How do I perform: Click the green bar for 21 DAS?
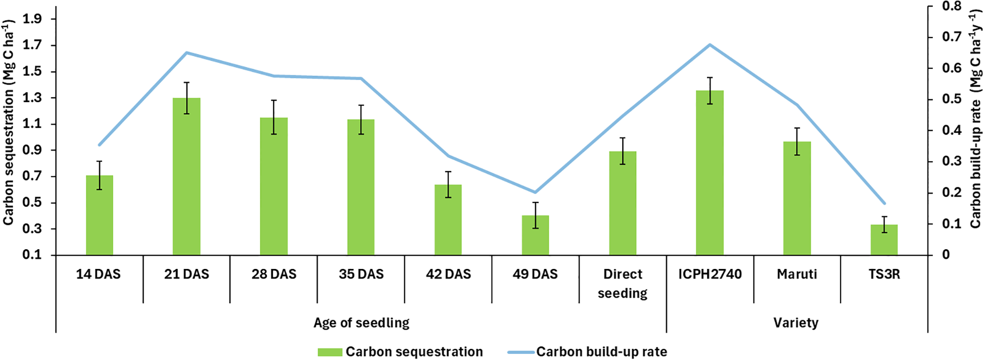[186, 177]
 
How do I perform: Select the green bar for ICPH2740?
[710, 173]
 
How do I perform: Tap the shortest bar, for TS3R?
[884, 240]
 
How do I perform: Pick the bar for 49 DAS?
[535, 235]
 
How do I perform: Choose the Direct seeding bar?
[623, 203]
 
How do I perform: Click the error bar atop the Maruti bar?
[797, 141]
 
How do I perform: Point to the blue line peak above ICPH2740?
[710, 45]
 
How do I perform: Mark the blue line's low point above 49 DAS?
[535, 192]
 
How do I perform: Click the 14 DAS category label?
[99, 275]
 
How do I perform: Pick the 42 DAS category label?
[448, 275]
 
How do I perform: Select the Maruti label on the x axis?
[797, 275]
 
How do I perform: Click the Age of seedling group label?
[361, 323]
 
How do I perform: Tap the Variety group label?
[796, 323]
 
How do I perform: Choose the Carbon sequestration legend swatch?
[330, 352]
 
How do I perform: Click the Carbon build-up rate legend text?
[601, 352]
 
